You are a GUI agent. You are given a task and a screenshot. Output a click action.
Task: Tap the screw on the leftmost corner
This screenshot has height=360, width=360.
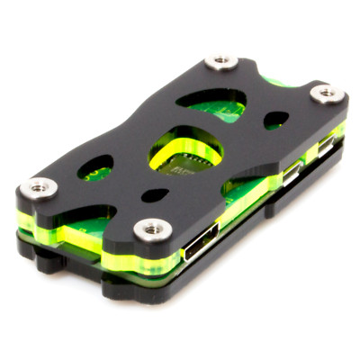(x=39, y=188)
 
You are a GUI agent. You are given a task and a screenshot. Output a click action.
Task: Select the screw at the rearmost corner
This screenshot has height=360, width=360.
(x=220, y=62)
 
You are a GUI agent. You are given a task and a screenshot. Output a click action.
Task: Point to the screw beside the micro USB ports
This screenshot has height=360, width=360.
(x=326, y=94)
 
